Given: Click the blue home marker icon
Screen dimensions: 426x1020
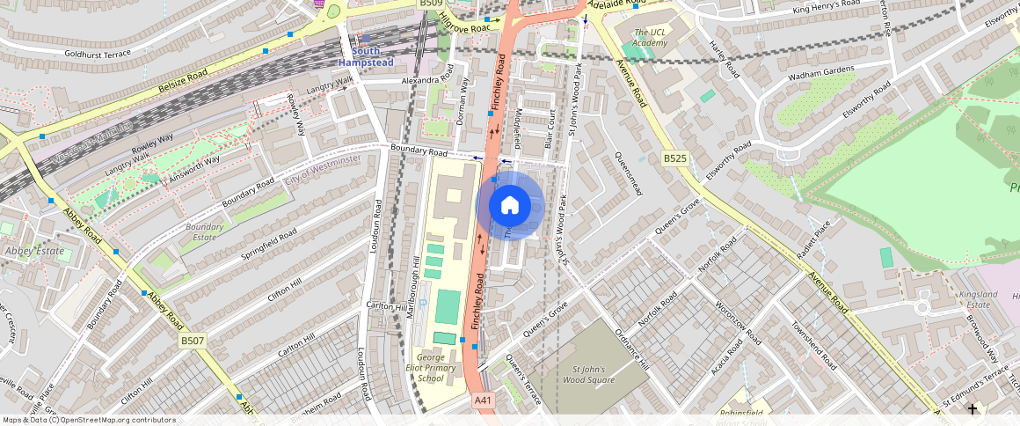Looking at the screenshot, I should [510, 205].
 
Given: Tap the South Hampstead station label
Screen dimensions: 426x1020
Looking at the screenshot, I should [360, 56].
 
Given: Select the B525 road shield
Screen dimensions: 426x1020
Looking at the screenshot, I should [674, 158].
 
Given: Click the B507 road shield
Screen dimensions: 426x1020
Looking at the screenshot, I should [192, 341].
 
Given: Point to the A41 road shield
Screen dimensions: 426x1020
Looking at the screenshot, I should [482, 400].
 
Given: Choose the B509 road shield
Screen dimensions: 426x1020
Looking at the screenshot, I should [430, 4].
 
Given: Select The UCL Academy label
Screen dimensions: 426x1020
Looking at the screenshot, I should [651, 37].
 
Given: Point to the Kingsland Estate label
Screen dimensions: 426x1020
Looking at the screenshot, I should [978, 300].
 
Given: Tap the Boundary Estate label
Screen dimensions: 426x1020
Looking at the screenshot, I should [204, 231].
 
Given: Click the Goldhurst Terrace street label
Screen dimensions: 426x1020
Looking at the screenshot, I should [97, 53].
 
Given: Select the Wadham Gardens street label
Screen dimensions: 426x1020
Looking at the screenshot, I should [797, 74].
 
